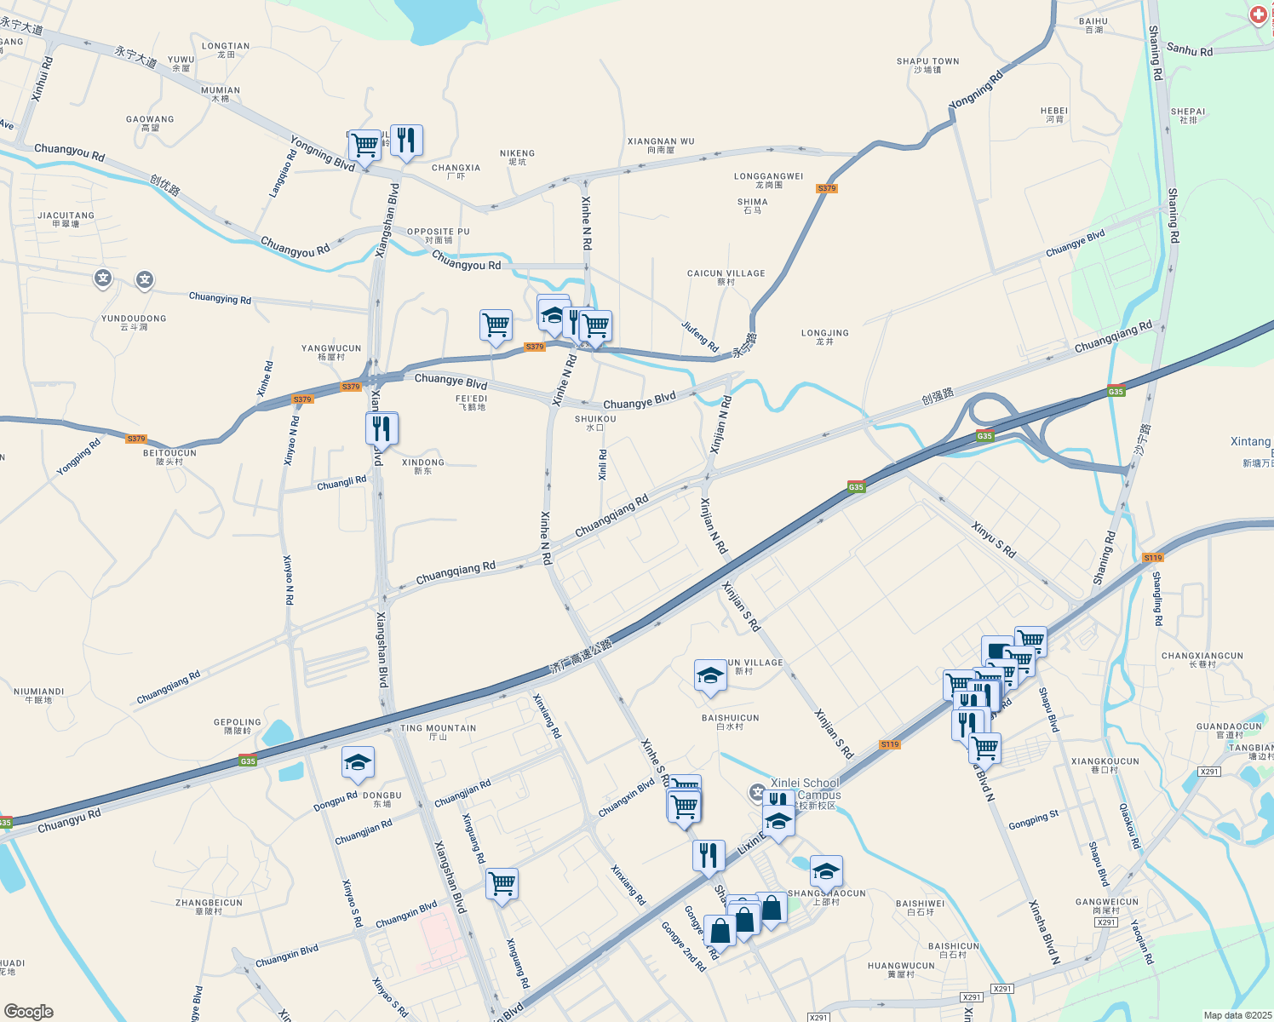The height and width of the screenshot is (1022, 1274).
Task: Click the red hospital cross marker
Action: tap(1259, 14)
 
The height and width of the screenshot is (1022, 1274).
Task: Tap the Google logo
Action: tap(29, 1011)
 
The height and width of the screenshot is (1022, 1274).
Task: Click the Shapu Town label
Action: tap(927, 65)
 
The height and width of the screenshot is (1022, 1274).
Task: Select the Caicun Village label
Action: tap(726, 277)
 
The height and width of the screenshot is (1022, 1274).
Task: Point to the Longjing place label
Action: tap(824, 336)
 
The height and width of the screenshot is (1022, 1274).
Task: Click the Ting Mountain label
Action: tap(438, 732)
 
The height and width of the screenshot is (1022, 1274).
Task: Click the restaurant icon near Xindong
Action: tap(382, 428)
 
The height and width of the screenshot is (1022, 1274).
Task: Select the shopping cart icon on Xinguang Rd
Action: tap(502, 883)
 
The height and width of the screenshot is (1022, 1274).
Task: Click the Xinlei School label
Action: tap(805, 788)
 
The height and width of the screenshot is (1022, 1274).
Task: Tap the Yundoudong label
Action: tap(134, 322)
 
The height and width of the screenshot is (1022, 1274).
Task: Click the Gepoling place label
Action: tap(237, 726)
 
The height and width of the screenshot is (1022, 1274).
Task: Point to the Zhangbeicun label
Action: tap(209, 906)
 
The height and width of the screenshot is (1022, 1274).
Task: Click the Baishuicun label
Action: tap(730, 721)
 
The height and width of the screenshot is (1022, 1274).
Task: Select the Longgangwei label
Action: tap(768, 180)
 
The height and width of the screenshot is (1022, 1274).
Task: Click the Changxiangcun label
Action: tap(1202, 659)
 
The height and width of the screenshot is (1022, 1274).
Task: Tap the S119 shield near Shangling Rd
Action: tap(1152, 558)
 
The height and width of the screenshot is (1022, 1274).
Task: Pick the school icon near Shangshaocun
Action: tap(825, 871)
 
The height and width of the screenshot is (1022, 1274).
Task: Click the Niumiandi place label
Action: tap(38, 695)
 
